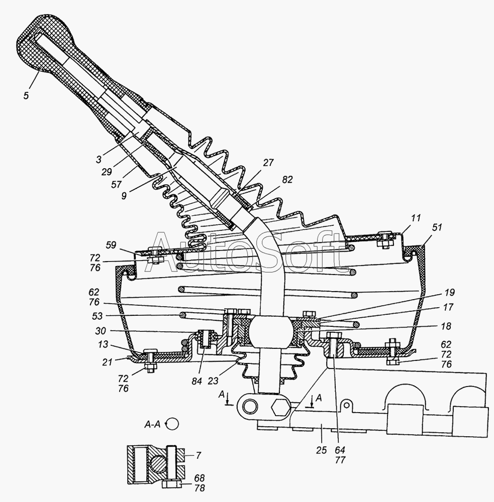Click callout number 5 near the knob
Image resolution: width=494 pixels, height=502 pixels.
(x=26, y=95)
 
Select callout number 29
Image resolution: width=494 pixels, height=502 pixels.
(x=107, y=172)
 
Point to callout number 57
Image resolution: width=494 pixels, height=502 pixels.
(x=117, y=184)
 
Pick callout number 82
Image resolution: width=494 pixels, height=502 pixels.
(x=287, y=180)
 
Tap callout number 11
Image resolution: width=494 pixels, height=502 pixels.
(x=416, y=218)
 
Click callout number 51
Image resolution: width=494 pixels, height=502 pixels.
(x=437, y=227)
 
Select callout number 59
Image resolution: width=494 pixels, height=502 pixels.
(x=111, y=245)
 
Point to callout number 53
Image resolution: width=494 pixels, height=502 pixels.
(x=97, y=316)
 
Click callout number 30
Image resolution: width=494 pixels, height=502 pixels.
(x=101, y=330)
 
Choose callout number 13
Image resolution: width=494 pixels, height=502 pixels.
(x=103, y=345)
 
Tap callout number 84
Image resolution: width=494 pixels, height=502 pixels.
(x=197, y=381)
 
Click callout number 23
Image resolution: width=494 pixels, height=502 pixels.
(x=213, y=381)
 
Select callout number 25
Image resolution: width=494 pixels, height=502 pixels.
(x=321, y=450)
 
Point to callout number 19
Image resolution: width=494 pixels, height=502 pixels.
(x=449, y=292)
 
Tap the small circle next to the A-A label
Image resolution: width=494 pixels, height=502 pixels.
(x=173, y=424)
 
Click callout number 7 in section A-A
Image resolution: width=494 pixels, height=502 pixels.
(x=199, y=455)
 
